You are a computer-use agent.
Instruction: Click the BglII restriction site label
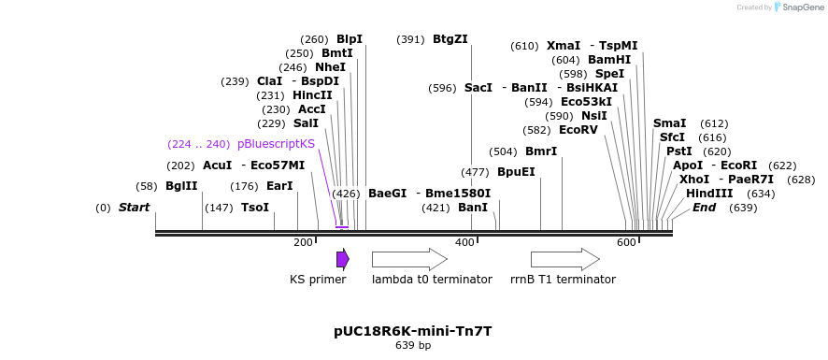point(181,186)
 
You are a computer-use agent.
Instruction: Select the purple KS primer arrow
point(343,259)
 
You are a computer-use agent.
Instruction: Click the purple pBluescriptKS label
point(276,144)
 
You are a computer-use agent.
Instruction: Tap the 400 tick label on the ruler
point(464,243)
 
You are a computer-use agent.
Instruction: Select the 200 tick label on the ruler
point(303,243)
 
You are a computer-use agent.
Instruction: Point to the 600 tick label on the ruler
point(626,243)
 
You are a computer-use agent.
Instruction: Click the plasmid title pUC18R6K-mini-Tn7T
point(412,331)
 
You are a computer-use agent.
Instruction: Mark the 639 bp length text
point(413,346)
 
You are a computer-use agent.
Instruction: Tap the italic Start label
point(134,207)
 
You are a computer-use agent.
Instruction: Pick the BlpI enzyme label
point(350,39)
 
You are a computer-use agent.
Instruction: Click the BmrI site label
point(540,151)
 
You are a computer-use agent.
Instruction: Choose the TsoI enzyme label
point(254,207)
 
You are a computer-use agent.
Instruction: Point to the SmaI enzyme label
point(669,122)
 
